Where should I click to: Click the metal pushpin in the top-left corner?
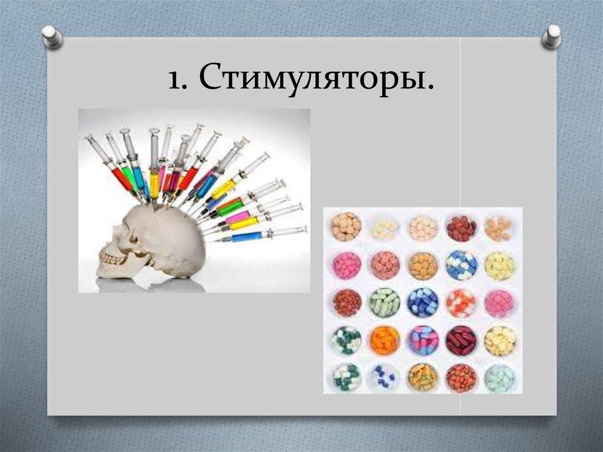tap(53, 37)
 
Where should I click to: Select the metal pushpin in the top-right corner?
tap(552, 36)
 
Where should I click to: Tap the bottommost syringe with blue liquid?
tap(247, 236)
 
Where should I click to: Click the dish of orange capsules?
tap(385, 341)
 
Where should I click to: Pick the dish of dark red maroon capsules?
tap(461, 341)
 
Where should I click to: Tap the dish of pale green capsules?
tap(385, 303)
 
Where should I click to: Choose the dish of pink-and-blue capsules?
tap(423, 341)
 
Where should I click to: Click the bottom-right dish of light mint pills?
tap(499, 378)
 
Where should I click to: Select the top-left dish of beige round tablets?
tap(346, 227)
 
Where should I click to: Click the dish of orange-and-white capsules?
tap(461, 303)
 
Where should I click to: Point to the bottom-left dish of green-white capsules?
tap(346, 378)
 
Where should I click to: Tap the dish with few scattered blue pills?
tap(385, 378)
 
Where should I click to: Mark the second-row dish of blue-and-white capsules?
tap(461, 265)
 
